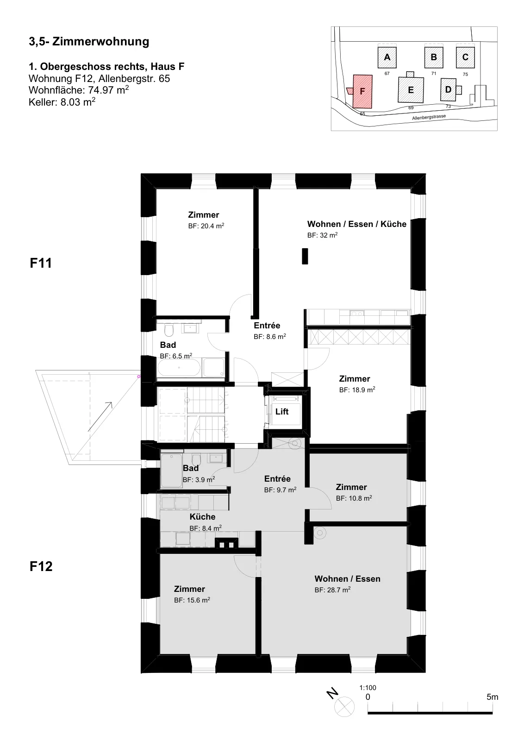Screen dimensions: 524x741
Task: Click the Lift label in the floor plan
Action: pyautogui.click(x=281, y=412)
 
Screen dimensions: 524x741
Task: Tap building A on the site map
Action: pyautogui.click(x=387, y=57)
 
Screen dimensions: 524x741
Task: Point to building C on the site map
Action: pyautogui.click(x=465, y=57)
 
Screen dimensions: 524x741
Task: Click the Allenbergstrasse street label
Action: pyautogui.click(x=429, y=117)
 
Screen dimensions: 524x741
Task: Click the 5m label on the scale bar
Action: pyautogui.click(x=492, y=697)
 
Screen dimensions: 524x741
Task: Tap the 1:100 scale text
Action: pyautogui.click(x=368, y=688)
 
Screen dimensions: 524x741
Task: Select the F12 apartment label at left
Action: pyautogui.click(x=41, y=566)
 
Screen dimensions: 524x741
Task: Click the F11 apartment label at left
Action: pyautogui.click(x=41, y=263)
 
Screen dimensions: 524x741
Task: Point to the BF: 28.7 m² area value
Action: pyautogui.click(x=332, y=590)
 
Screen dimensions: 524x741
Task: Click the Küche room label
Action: pyautogui.click(x=202, y=517)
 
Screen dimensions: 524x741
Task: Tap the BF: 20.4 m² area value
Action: pyautogui.click(x=206, y=226)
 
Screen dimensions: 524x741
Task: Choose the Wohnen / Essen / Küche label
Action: pyautogui.click(x=357, y=224)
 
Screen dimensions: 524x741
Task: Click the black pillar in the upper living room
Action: pyautogui.click(x=305, y=257)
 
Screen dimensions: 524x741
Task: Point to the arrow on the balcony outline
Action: pyautogui.click(x=100, y=417)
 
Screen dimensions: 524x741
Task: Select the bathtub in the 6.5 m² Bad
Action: pyautogui.click(x=179, y=368)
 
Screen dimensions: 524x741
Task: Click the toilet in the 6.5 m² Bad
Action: pyautogui.click(x=168, y=329)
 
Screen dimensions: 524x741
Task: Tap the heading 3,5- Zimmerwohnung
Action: pyautogui.click(x=89, y=42)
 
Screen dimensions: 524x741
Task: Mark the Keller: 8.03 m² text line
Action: pyautogui.click(x=62, y=102)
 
